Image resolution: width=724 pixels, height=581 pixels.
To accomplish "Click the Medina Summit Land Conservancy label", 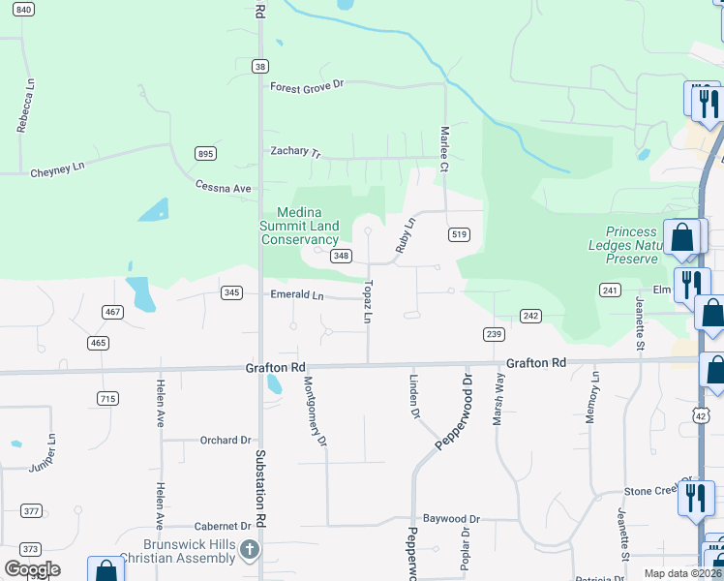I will click(299, 226).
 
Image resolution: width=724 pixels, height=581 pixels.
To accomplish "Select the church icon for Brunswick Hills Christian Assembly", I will click(250, 551).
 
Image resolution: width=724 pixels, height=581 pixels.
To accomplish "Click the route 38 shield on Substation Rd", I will click(259, 66).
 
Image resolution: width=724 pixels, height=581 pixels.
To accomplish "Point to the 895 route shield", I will click(205, 153).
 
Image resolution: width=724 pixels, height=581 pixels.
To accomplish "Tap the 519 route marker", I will click(460, 234).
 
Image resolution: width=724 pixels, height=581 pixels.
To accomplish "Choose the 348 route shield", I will click(341, 256).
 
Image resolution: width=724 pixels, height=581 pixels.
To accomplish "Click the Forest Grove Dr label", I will click(307, 86).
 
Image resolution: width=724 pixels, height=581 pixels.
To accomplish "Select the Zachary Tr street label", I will click(295, 152).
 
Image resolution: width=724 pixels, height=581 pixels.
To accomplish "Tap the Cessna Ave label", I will click(223, 187).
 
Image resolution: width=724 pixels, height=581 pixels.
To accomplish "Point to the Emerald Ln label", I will click(296, 294).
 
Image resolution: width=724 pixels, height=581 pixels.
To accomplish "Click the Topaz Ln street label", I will click(368, 301).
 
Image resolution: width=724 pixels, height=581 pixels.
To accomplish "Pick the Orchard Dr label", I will click(226, 441).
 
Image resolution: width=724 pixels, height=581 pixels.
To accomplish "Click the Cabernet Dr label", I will click(223, 526).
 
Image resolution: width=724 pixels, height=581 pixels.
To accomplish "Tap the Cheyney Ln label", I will click(58, 168).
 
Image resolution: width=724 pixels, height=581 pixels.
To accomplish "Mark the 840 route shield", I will click(24, 9).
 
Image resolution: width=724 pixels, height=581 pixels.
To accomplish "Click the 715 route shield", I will click(107, 399).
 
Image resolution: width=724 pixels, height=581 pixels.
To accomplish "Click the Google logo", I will click(32, 569).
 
